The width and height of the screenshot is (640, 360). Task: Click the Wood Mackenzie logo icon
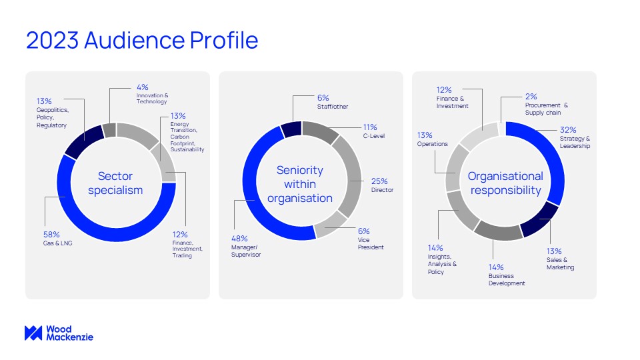(x=33, y=333)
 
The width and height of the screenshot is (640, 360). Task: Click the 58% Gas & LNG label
(x=57, y=239)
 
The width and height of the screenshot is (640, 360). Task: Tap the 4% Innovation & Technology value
(x=143, y=87)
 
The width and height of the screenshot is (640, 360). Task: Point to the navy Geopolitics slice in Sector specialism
(x=85, y=141)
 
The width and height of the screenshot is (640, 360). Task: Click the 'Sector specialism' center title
(x=115, y=183)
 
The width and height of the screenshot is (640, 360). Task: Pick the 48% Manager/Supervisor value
(x=239, y=239)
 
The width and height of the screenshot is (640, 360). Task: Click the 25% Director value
(x=379, y=181)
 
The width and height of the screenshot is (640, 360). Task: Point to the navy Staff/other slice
(x=292, y=129)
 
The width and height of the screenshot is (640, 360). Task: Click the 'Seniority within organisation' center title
(x=300, y=184)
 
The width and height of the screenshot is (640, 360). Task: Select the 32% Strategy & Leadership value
(x=568, y=130)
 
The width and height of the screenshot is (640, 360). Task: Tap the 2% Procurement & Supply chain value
(x=531, y=97)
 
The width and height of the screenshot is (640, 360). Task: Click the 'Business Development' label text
(x=507, y=279)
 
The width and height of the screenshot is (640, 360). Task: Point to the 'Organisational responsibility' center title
(x=505, y=183)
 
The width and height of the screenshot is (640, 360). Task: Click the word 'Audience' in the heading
(x=134, y=40)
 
